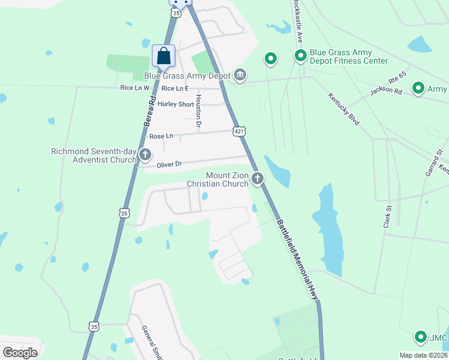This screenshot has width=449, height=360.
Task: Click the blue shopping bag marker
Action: (163, 56)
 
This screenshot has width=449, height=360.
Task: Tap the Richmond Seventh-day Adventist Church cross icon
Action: (145, 155)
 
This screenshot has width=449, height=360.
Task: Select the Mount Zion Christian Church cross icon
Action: (258, 178)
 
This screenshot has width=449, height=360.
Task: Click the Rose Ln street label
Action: (161, 136)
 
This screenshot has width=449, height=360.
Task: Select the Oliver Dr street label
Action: (169, 164)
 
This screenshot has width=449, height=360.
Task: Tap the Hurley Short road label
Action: (176, 104)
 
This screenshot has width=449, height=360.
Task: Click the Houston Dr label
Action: (199, 112)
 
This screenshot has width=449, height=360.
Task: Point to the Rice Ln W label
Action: (134, 88)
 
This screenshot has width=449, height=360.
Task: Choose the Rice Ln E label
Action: (175, 88)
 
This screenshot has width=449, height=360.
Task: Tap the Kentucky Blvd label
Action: (344, 109)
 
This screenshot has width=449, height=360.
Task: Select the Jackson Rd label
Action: (386, 91)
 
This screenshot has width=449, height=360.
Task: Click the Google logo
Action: (20, 352)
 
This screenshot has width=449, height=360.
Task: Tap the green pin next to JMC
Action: (421, 337)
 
